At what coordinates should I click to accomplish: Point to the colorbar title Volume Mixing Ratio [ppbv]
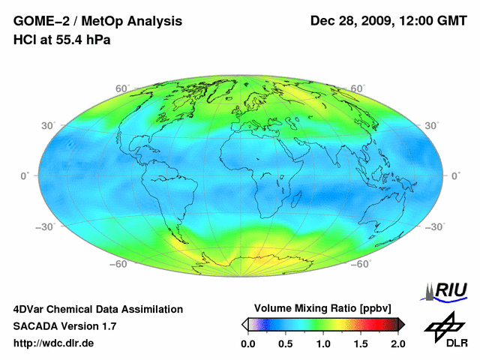pos(322,308)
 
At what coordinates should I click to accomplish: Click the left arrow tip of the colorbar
pos(244,324)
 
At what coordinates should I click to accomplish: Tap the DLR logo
pos(444,330)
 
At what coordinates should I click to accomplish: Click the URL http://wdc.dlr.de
pos(54,343)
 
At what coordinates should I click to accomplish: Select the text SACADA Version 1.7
pos(64,326)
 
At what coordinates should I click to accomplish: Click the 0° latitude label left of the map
pos(24,175)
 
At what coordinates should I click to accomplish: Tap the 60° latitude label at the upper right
pos(358,88)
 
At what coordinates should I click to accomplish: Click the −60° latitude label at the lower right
pos(361,264)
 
